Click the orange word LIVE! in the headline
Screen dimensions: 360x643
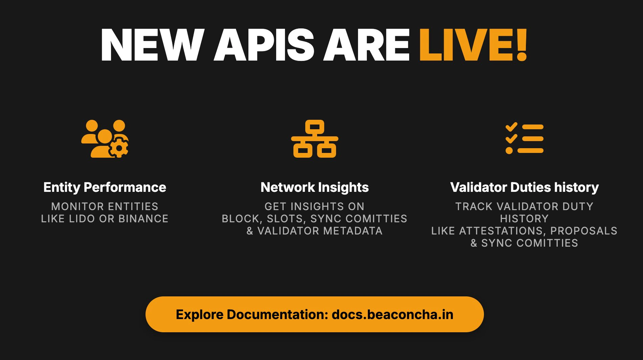[473, 45]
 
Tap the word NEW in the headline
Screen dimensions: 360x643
[152, 45]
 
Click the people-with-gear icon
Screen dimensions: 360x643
[105, 139]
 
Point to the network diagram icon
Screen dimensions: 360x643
[314, 139]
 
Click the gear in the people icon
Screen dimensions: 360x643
[119, 148]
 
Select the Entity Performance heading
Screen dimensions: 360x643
[105, 187]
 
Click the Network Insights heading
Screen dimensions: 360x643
[314, 187]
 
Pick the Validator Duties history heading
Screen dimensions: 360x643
[524, 187]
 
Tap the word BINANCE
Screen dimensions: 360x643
[143, 219]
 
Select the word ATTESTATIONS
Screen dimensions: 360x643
[502, 231]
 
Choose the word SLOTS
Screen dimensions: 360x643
[286, 219]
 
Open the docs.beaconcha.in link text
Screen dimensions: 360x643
[392, 314]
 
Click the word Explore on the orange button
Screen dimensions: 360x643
[199, 314]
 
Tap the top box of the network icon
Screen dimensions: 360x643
[314, 127]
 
